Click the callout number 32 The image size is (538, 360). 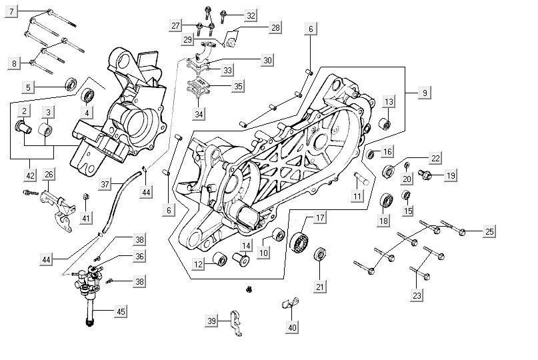[x=250, y=15]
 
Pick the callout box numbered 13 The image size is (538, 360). [x=389, y=101]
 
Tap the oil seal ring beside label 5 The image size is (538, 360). [x=70, y=85]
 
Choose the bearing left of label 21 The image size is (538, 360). [x=320, y=254]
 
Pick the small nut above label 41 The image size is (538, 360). [x=87, y=196]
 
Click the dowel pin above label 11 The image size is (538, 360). [x=361, y=177]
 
